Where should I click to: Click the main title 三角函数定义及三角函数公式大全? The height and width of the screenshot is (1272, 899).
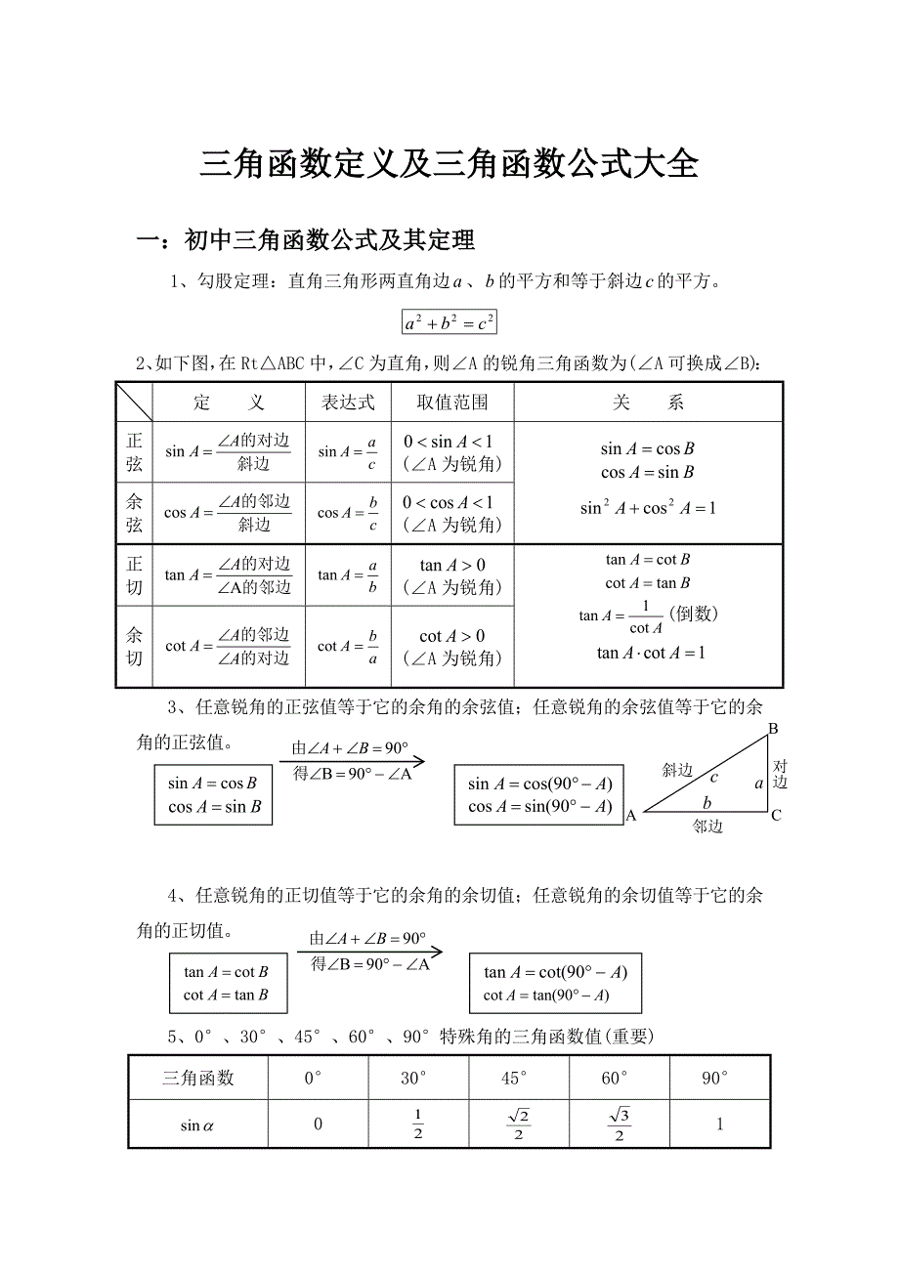(449, 163)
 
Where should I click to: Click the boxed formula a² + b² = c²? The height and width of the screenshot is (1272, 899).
(449, 322)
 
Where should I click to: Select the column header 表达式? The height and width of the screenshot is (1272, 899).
(348, 403)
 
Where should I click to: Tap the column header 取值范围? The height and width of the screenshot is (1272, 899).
(452, 403)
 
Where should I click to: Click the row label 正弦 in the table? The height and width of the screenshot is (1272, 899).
(134, 452)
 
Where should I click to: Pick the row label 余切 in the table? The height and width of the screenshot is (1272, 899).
(134, 647)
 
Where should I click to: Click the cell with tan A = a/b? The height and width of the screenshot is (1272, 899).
(348, 575)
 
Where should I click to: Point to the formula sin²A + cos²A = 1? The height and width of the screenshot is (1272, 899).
(648, 508)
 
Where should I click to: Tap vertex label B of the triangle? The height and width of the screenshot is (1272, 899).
(773, 729)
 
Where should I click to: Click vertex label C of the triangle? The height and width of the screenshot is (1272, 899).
(776, 815)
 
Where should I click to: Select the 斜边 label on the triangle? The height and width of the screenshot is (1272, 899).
(677, 770)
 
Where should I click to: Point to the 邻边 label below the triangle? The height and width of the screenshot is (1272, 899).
(707, 827)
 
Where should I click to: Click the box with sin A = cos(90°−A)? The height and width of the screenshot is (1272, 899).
(539, 795)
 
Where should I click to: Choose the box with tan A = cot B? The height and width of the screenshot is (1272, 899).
(226, 984)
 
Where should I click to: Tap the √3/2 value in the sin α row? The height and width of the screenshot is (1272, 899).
(620, 1124)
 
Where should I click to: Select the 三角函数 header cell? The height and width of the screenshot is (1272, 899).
(198, 1078)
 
